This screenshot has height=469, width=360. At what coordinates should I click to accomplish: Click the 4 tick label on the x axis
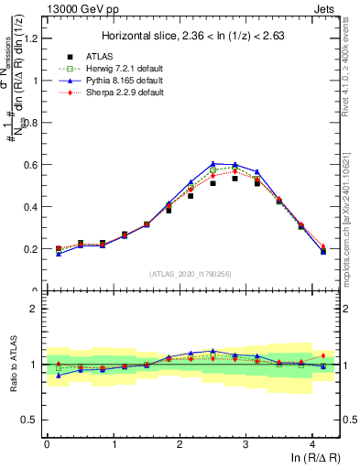(313, 446)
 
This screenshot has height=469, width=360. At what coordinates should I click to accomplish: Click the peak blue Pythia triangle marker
(213, 163)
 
